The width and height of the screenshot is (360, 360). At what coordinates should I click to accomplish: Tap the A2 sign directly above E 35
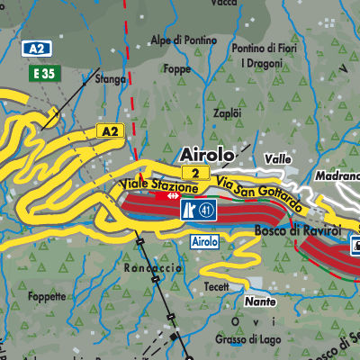[x=36, y=49]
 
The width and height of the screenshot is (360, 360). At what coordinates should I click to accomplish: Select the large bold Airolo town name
[x=206, y=154]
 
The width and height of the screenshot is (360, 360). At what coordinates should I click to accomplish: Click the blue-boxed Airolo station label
[x=204, y=242]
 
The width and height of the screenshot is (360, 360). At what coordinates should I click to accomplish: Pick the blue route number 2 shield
[x=193, y=172]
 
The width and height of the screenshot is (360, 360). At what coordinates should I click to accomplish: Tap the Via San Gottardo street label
[x=255, y=192]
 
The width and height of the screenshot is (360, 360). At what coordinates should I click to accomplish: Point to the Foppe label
[x=177, y=68]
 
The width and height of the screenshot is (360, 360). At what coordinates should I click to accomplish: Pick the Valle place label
[x=279, y=159]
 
